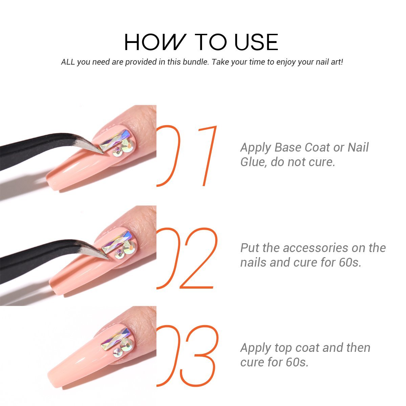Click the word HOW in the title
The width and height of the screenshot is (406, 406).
click(155, 42)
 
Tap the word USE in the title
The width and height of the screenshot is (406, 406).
click(256, 42)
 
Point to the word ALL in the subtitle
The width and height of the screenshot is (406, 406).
click(68, 62)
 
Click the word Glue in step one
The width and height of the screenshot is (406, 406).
click(252, 162)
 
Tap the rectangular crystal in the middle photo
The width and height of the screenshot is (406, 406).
click(117, 242)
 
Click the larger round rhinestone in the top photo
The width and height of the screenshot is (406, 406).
click(127, 145)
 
